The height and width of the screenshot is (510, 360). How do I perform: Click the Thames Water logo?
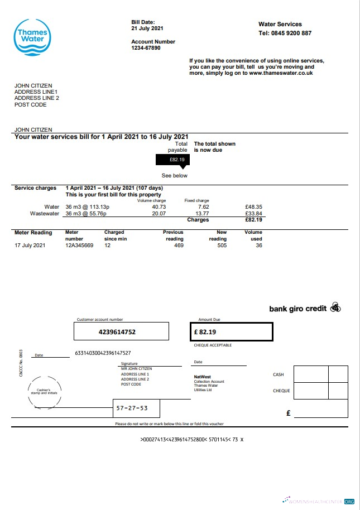click(33, 37)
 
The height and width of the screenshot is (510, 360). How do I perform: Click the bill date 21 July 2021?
click(147, 28)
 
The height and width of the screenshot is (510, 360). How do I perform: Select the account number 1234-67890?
click(146, 48)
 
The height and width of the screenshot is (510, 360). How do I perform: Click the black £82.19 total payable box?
click(173, 160)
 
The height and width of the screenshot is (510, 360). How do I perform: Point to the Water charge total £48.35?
click(254, 207)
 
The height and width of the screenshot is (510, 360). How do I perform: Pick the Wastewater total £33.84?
click(254, 213)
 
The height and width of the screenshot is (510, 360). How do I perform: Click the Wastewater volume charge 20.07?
click(159, 213)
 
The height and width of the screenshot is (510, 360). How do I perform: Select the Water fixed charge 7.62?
click(203, 207)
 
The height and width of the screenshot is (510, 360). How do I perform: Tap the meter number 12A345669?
click(80, 245)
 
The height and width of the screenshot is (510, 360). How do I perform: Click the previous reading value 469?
click(179, 245)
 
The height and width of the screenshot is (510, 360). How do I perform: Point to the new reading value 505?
click(222, 245)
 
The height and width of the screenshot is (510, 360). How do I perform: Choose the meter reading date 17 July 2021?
click(31, 245)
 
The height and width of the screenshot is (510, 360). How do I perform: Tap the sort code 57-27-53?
click(132, 408)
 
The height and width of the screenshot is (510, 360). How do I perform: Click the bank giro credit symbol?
click(335, 307)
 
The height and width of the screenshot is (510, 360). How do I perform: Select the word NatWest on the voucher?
click(202, 377)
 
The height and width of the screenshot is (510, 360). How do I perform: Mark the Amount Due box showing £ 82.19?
click(231, 331)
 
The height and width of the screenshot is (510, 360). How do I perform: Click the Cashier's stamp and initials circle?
click(42, 391)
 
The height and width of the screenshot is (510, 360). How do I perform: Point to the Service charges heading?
click(35, 188)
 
